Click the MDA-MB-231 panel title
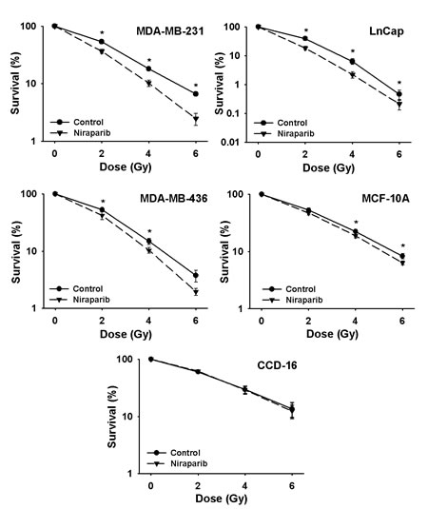pyautogui.click(x=169, y=31)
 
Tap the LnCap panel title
pyautogui.click(x=386, y=31)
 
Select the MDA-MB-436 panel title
pyautogui.click(x=174, y=198)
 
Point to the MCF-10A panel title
pyautogui.click(x=385, y=198)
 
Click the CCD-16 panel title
pyautogui.click(x=277, y=365)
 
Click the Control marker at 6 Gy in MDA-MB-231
pyautogui.click(x=196, y=94)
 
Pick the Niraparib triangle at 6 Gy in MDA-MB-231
pyautogui.click(x=196, y=120)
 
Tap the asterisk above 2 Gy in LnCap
pyautogui.click(x=305, y=30)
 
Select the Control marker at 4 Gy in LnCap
pyautogui.click(x=352, y=61)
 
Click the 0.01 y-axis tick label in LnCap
pyautogui.click(x=230, y=142)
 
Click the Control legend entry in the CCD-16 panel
pyautogui.click(x=174, y=453)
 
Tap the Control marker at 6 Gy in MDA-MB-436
pyautogui.click(x=196, y=275)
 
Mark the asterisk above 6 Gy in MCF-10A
pyautogui.click(x=402, y=245)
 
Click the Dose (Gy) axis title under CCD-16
pyautogui.click(x=221, y=498)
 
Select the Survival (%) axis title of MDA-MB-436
pyautogui.click(x=16, y=252)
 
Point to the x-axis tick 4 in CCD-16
pyautogui.click(x=244, y=486)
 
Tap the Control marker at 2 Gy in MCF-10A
pyautogui.click(x=308, y=210)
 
